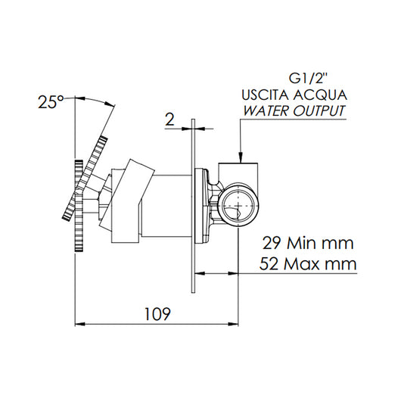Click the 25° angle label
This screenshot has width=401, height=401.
click(51, 102)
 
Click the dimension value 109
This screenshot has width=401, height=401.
click(156, 312)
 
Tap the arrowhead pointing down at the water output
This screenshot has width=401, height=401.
click(239, 157)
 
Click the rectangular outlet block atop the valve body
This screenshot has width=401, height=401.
click(239, 173)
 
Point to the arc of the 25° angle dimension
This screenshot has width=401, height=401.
click(95, 101)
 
